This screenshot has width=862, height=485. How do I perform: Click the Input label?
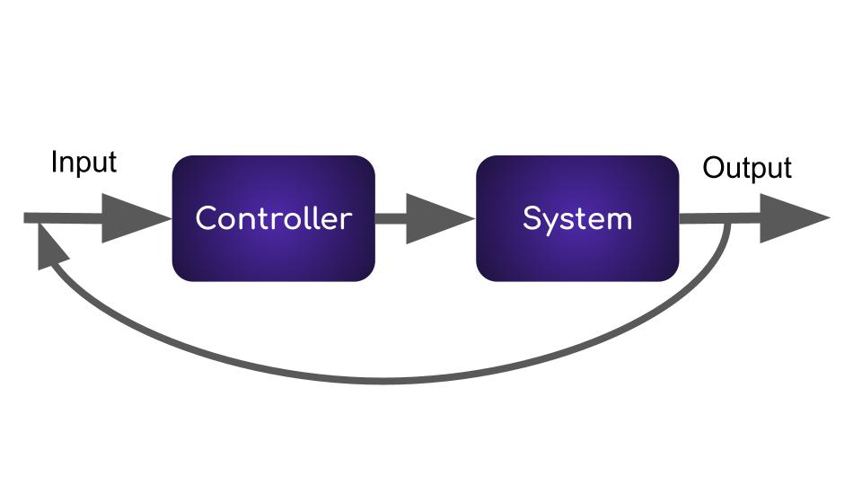84,163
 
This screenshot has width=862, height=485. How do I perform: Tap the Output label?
747,168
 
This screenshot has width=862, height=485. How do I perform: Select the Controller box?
273,218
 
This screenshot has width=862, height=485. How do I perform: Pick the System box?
577,218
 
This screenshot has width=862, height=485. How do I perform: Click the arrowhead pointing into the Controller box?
135,218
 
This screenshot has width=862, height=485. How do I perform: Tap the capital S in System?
532,218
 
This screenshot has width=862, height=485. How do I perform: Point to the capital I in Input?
55,163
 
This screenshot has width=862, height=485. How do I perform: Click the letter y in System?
550,222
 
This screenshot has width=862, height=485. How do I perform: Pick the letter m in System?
618,220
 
